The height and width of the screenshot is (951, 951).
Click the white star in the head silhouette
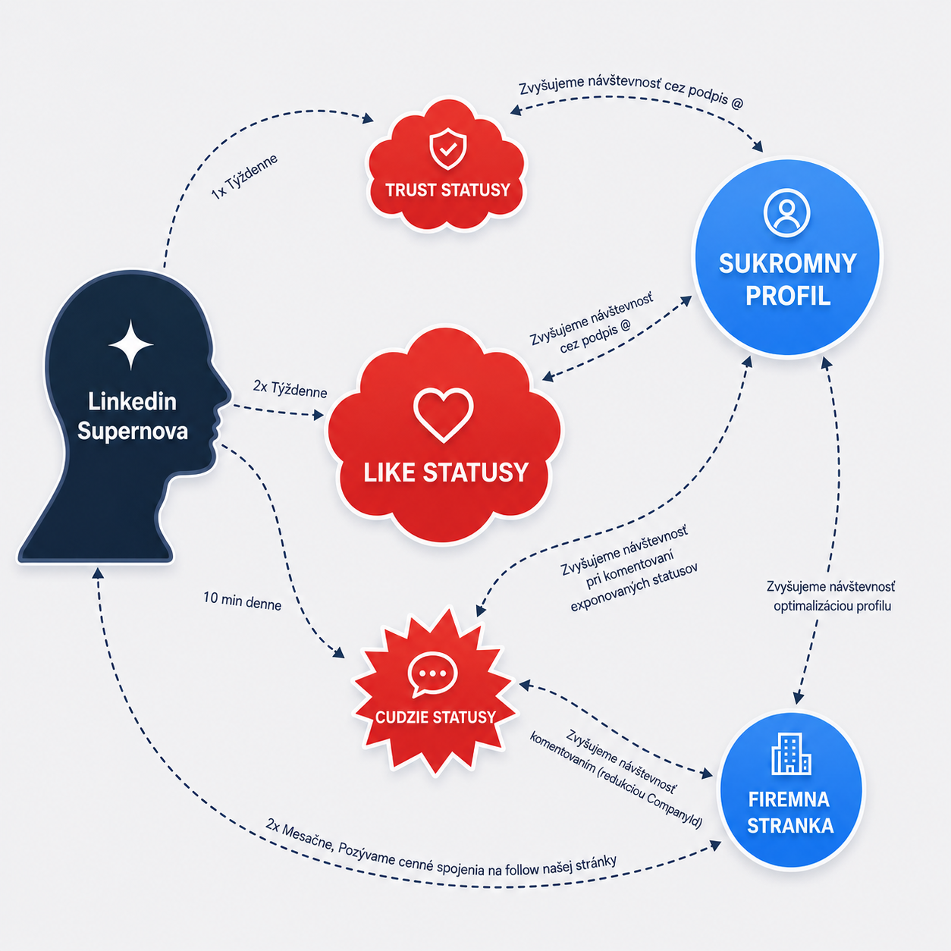(130, 344)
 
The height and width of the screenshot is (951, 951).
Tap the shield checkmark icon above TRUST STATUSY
(447, 149)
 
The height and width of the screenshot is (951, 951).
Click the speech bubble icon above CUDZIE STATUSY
(433, 674)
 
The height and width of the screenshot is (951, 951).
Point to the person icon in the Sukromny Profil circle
(786, 212)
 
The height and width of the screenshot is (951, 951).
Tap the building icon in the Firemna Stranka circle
(791, 753)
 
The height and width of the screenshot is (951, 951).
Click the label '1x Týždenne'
(244, 177)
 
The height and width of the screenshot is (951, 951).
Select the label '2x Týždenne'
(290, 389)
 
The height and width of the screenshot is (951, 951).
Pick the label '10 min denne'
(243, 601)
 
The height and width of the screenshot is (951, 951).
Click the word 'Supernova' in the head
(133, 431)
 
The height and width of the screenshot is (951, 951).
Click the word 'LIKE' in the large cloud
(389, 472)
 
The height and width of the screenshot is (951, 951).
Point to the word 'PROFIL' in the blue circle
(788, 296)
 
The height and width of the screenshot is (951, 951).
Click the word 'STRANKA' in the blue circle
(791, 826)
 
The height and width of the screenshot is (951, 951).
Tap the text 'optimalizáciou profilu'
(833, 606)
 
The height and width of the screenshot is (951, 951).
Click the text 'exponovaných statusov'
(635, 587)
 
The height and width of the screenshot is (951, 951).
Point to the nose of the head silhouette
(227, 395)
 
